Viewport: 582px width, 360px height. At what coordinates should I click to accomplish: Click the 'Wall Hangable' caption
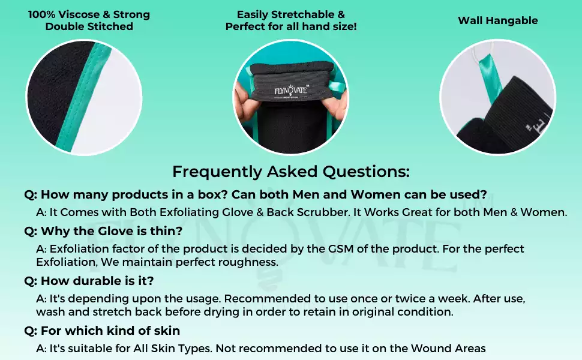click(x=497, y=20)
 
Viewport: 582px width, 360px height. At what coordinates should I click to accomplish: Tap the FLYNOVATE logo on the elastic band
click(x=290, y=90)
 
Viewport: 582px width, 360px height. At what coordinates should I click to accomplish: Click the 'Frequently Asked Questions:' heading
click(x=291, y=172)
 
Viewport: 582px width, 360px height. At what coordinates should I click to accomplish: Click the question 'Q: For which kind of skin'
click(x=102, y=331)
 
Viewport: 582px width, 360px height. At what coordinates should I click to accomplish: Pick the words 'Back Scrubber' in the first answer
click(x=302, y=212)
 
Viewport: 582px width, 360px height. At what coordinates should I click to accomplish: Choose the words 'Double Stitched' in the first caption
click(x=89, y=26)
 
